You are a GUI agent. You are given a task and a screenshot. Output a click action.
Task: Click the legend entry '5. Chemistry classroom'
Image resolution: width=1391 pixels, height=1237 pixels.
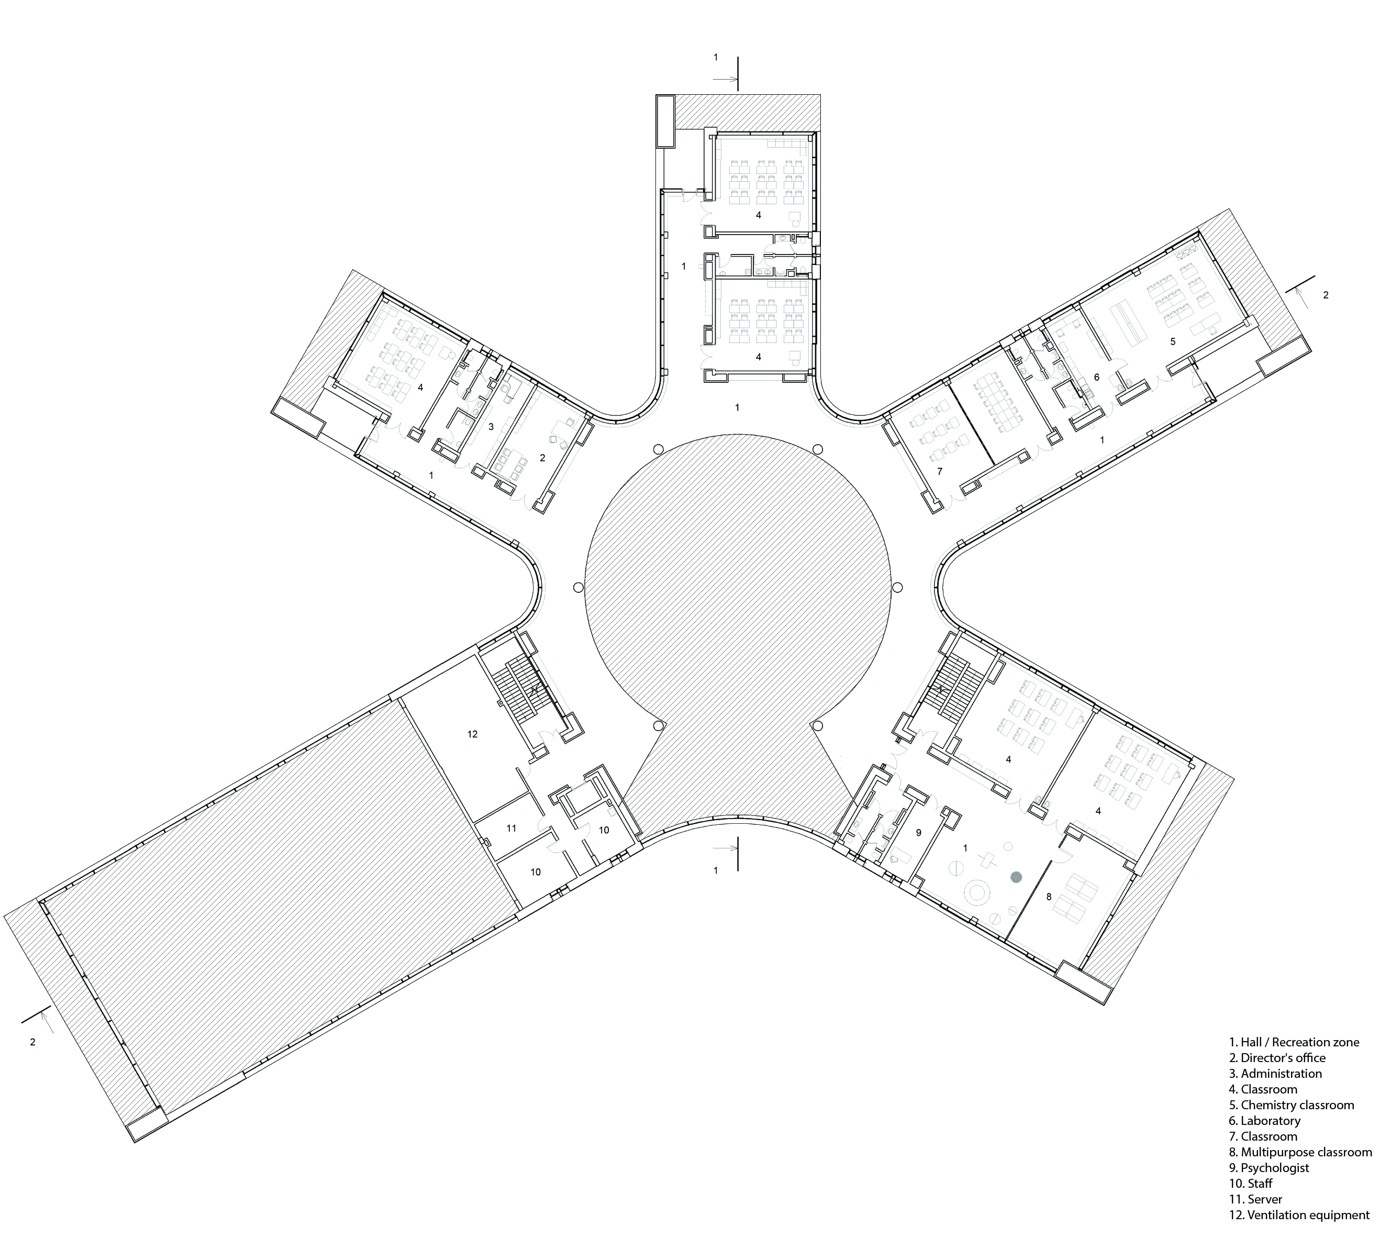click(x=1291, y=1105)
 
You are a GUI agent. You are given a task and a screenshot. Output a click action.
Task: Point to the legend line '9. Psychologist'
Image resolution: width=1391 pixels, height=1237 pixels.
click(x=1268, y=1167)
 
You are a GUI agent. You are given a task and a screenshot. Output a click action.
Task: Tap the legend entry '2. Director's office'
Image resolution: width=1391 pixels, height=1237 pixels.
click(x=1277, y=1058)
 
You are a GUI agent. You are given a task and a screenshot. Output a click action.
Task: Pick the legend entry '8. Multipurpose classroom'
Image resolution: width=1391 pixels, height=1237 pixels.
click(x=1300, y=1152)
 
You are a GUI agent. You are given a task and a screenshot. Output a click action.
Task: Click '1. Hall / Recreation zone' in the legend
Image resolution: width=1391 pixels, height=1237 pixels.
click(x=1294, y=1042)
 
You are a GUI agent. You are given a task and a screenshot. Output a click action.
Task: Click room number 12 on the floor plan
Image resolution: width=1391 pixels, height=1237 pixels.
click(x=472, y=734)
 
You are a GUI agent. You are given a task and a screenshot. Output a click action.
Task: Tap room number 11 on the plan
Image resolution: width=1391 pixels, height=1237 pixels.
click(x=511, y=829)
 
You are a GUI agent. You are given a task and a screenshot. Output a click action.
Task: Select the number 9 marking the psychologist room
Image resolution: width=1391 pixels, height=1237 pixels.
click(x=919, y=833)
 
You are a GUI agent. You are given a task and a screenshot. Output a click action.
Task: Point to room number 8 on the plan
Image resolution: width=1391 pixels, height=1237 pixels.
click(x=1049, y=897)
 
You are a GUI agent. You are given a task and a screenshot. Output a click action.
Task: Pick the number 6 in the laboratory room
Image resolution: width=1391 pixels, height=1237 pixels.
click(x=1096, y=377)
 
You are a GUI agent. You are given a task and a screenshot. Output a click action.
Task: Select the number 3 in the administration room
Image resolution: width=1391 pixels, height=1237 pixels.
click(x=491, y=427)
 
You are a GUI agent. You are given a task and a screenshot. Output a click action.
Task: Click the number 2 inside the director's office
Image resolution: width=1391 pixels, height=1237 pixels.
click(x=542, y=458)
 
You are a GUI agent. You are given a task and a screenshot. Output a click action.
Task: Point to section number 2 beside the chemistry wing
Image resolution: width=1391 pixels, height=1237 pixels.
click(x=1326, y=295)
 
